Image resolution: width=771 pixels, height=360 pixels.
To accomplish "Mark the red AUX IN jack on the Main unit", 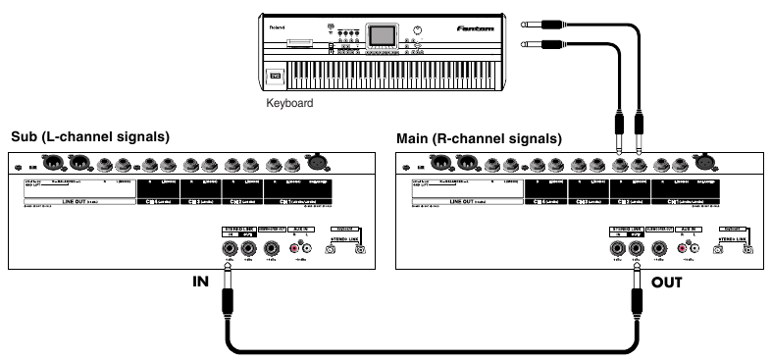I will click(x=682, y=248).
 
